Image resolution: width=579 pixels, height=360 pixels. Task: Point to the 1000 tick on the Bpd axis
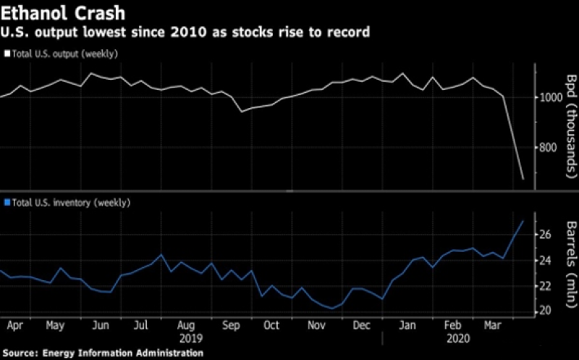click(549, 97)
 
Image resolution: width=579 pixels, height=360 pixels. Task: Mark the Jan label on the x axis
click(407, 326)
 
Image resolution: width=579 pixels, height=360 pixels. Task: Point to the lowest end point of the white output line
click(523, 178)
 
